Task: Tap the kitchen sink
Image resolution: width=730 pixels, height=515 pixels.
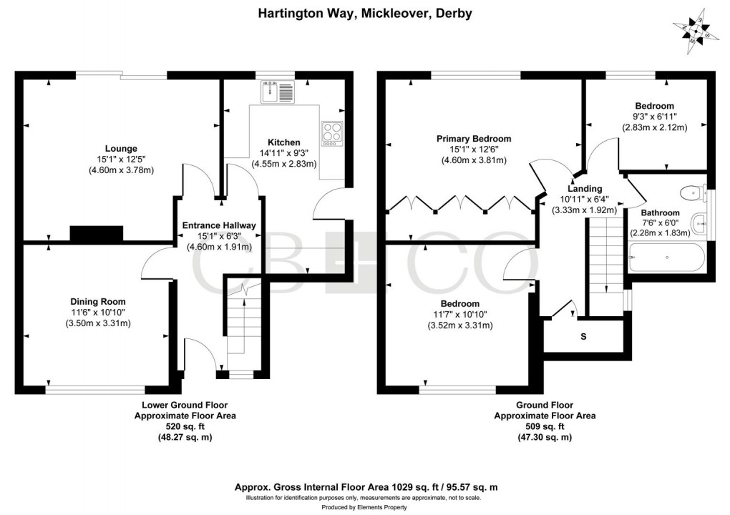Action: [x=277, y=92]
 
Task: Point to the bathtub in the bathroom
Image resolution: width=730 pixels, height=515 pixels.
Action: [x=665, y=256]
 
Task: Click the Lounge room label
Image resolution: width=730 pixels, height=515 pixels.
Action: [x=121, y=149]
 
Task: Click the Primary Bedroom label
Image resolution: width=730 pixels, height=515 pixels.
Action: [x=474, y=139]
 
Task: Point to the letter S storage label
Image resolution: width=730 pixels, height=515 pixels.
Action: [x=583, y=336]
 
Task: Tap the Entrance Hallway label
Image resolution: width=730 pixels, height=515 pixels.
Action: [x=219, y=225]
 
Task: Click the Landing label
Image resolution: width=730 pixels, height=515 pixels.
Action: [x=585, y=189]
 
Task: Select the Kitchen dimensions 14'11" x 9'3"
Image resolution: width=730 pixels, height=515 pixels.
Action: [x=284, y=152]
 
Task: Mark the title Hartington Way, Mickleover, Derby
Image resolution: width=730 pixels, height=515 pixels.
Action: [x=365, y=14]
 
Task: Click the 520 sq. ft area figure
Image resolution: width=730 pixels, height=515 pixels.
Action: [x=185, y=426]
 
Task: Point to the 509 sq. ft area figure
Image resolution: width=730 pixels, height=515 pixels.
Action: [x=544, y=426]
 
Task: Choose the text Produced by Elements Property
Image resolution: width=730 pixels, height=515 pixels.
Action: [x=365, y=507]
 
